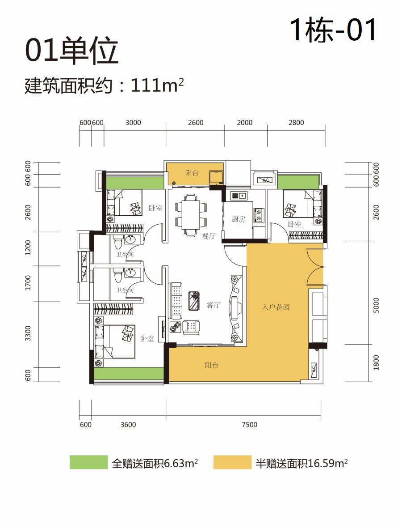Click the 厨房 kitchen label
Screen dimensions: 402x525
point(238,219)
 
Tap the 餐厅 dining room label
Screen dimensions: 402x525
point(209,236)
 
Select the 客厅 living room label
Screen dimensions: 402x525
point(213,305)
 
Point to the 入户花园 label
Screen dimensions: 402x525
point(276,307)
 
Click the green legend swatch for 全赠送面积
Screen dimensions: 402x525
point(88,462)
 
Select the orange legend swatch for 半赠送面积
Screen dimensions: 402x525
point(232,462)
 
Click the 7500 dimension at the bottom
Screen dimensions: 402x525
point(249,425)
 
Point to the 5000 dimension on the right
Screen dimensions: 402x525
point(376,305)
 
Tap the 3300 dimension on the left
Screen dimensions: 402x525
point(28,333)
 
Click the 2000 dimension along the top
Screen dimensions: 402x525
point(245,123)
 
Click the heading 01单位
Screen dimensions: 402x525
point(71,51)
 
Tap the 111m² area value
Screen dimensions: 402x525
point(157,85)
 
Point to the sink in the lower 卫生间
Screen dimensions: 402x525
point(130,273)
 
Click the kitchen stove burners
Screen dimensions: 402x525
point(258,215)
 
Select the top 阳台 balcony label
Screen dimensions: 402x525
point(192,173)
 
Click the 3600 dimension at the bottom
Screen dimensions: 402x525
point(128,425)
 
